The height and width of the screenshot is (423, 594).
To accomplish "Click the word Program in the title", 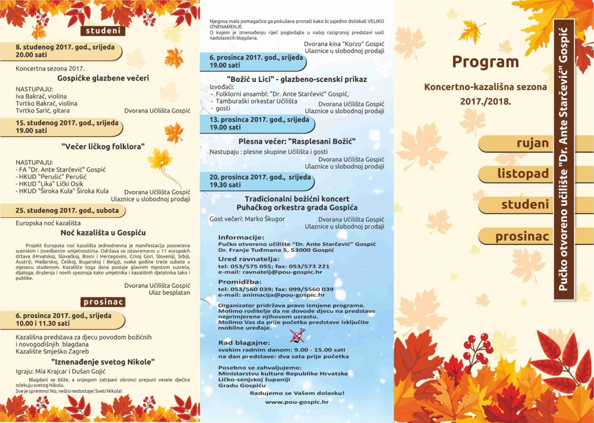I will [485, 62].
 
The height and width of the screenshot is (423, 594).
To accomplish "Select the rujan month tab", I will [533, 143].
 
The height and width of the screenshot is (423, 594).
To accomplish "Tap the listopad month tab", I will [523, 174].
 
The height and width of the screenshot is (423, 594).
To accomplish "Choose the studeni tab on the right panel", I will [525, 205].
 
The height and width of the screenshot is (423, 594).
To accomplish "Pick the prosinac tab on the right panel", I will [522, 236].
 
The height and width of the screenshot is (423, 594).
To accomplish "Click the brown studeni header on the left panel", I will [103, 31].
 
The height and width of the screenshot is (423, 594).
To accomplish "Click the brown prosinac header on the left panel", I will [103, 302].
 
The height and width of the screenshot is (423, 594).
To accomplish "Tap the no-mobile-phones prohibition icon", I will [297, 337].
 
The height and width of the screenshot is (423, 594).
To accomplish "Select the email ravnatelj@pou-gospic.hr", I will [287, 272].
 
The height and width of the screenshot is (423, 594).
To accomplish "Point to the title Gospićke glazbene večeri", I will [103, 78].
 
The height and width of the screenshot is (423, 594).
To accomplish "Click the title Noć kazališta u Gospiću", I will [103, 233].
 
